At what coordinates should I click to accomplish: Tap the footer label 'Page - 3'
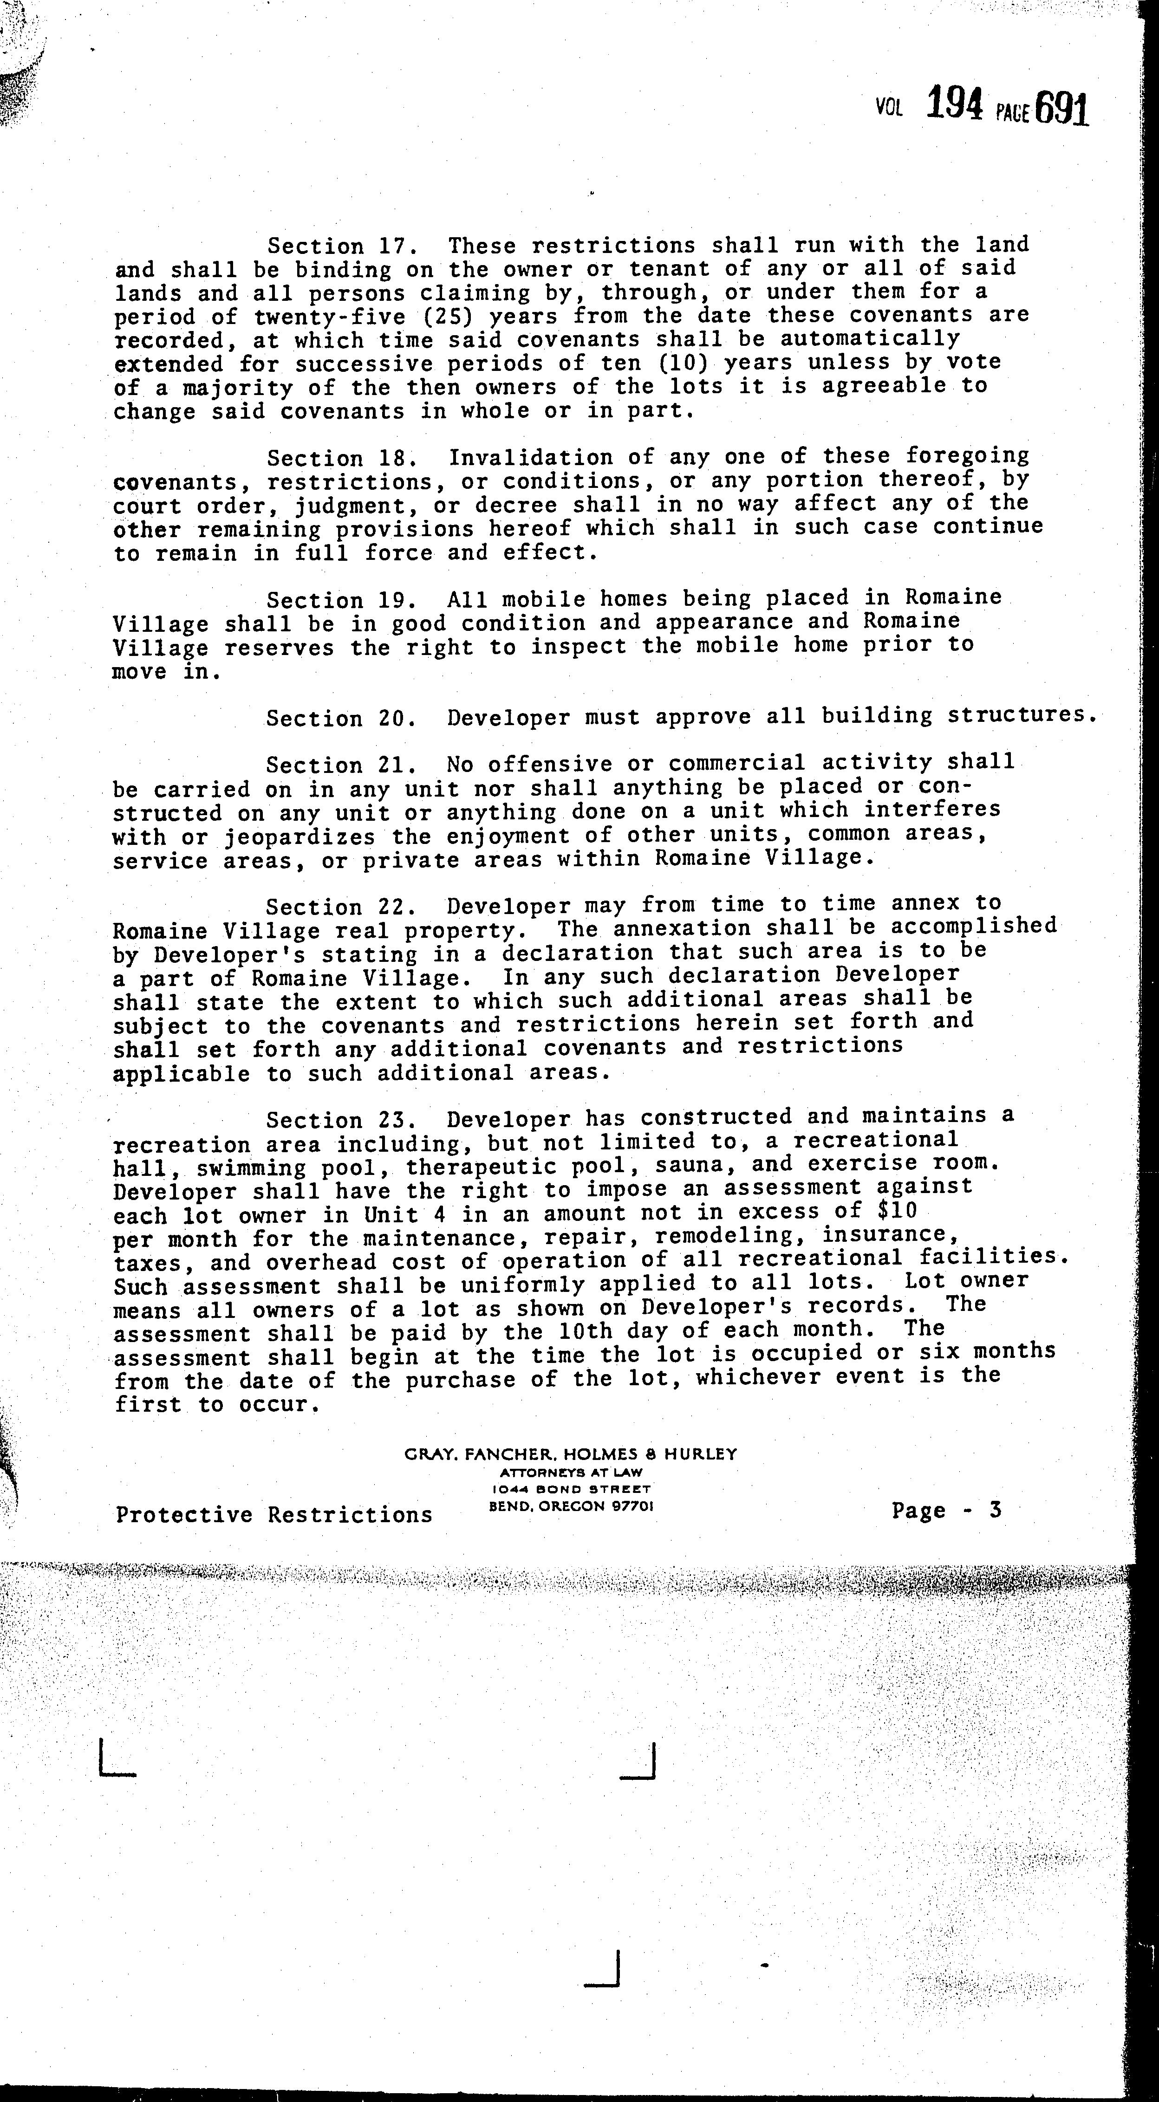pos(946,1511)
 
